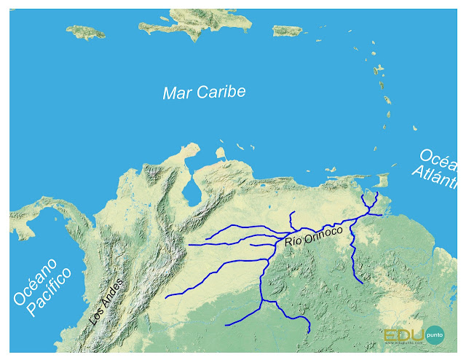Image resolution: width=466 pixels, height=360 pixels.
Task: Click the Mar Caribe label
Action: point(204,93)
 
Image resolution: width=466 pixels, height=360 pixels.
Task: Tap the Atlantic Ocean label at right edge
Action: point(440,167)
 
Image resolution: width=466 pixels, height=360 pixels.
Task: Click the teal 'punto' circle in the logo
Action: point(435,334)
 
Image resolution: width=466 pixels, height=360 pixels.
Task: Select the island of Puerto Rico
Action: point(286,30)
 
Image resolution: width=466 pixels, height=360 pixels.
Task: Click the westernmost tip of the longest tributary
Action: point(167,297)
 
